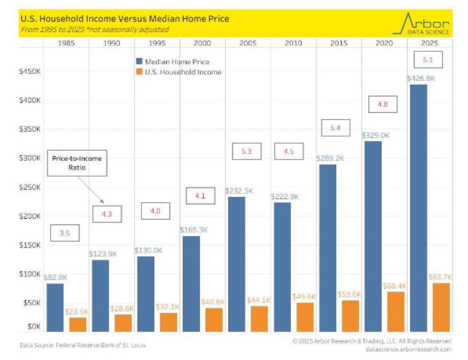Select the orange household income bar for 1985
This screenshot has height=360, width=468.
click(x=78, y=324)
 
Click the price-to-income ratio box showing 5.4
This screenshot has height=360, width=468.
click(x=335, y=128)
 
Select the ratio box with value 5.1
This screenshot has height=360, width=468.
click(x=427, y=60)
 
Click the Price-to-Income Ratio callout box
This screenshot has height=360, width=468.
click(x=77, y=163)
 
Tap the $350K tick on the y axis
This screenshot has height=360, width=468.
click(x=29, y=129)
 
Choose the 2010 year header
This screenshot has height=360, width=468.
click(x=293, y=43)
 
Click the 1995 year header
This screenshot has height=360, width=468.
click(x=156, y=43)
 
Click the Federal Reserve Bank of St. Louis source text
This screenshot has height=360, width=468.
click(x=83, y=345)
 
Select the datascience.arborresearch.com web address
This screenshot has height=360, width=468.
click(x=408, y=349)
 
